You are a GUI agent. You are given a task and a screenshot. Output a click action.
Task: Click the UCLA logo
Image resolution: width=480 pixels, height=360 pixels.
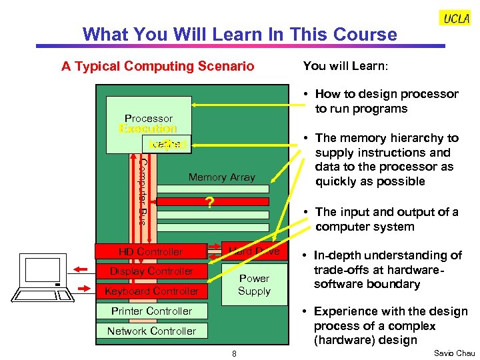pyautogui.click(x=456, y=18)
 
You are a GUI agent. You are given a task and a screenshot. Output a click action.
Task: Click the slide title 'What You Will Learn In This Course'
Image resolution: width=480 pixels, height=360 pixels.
pyautogui.click(x=239, y=34)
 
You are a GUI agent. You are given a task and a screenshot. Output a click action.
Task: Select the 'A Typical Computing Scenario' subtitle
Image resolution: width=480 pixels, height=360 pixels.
pyautogui.click(x=157, y=66)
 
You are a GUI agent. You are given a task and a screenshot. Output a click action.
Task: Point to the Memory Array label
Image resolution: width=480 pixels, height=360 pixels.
pyautogui.click(x=221, y=177)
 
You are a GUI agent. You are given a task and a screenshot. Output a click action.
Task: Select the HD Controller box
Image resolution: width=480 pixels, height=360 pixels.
pyautogui.click(x=151, y=251)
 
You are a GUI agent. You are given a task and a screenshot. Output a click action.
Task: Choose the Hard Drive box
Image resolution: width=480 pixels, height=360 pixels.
pyautogui.click(x=254, y=251)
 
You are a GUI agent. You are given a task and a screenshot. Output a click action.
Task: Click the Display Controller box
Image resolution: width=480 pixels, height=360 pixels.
pyautogui.click(x=151, y=271)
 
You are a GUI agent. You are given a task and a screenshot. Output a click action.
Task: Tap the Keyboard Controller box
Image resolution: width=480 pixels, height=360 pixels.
pyautogui.click(x=151, y=291)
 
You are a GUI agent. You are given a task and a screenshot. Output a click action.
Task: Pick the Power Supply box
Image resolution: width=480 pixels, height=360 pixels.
pyautogui.click(x=254, y=285)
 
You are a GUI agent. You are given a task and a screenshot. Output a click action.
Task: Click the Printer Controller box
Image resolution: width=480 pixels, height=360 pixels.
pyautogui.click(x=151, y=311)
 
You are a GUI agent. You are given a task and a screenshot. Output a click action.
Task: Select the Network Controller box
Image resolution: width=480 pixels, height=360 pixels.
pyautogui.click(x=151, y=331)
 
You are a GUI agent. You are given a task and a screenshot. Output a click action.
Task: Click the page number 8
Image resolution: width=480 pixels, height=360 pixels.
pyautogui.click(x=234, y=353)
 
